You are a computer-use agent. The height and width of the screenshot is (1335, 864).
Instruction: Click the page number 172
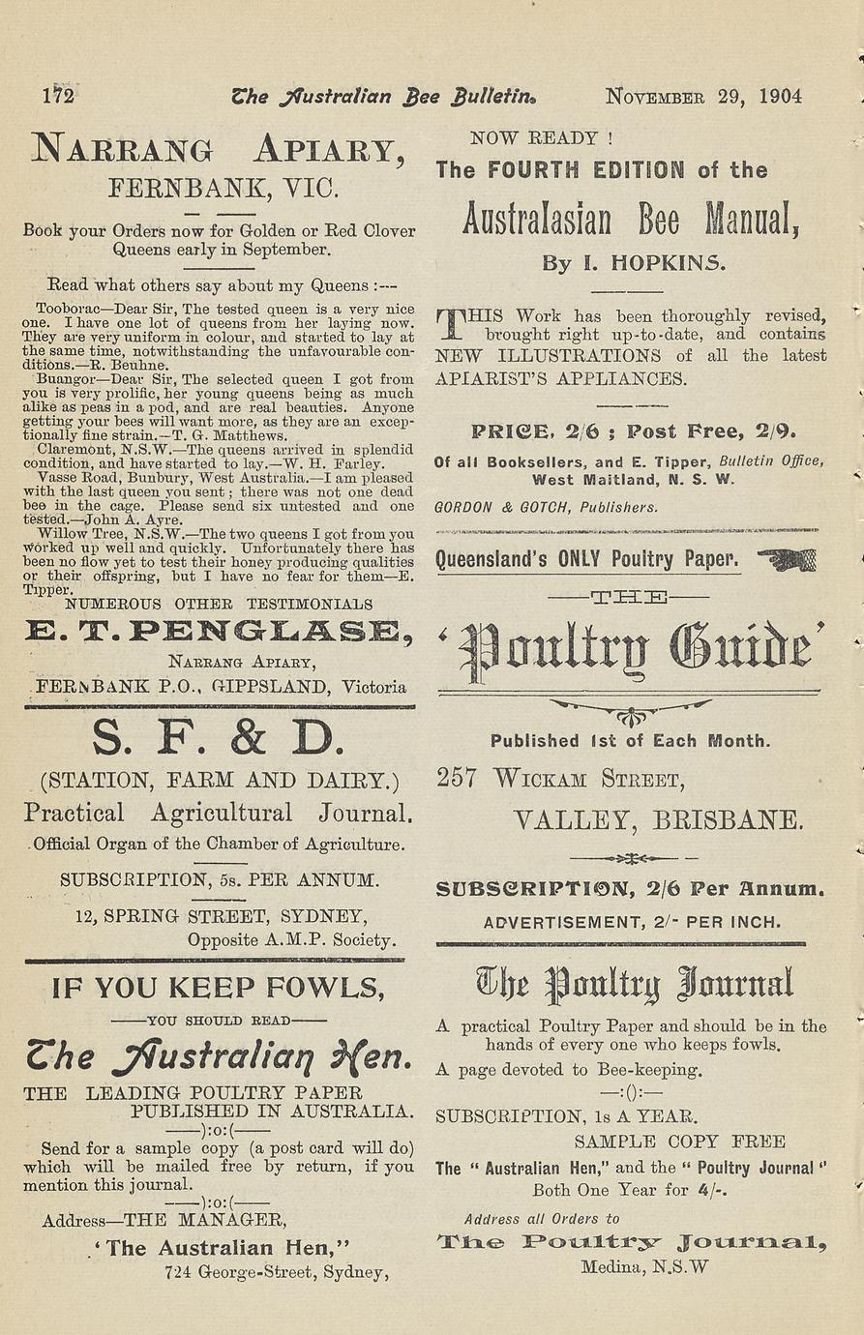point(58,96)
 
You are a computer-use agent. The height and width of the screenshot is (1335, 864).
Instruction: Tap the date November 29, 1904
point(703,96)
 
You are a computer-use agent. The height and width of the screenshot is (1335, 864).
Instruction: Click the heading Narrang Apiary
point(218,149)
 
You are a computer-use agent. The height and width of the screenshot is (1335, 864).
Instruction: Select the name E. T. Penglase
point(218,633)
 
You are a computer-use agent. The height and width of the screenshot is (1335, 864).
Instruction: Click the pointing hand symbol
point(787,559)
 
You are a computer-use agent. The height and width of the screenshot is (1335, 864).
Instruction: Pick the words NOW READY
point(541,138)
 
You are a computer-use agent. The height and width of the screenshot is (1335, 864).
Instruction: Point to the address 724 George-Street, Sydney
point(277,1272)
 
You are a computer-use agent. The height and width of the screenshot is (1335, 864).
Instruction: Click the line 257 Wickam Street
point(560,778)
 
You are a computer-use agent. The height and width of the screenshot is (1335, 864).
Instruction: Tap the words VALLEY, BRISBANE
point(658,820)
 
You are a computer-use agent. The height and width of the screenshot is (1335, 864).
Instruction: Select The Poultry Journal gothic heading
point(635,984)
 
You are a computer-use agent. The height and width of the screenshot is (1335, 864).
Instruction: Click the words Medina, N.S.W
point(644,1266)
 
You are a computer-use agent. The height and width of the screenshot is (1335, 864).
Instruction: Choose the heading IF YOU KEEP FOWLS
point(218,988)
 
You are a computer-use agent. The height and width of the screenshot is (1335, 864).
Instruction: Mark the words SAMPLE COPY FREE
point(679,1142)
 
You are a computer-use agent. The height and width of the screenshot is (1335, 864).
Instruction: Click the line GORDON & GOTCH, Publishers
point(546,507)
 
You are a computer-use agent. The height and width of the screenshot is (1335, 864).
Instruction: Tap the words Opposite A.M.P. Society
point(290,939)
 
